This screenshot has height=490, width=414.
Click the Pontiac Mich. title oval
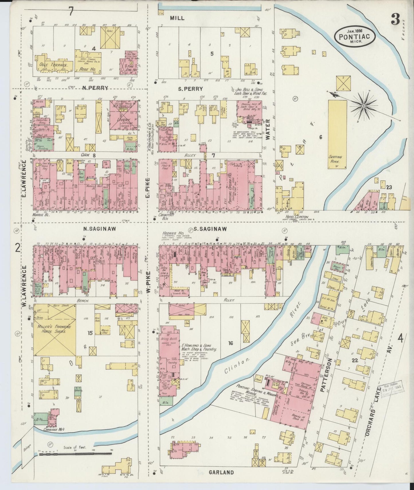354,35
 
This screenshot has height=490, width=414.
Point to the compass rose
363,106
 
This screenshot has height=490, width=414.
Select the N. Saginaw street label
95,229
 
